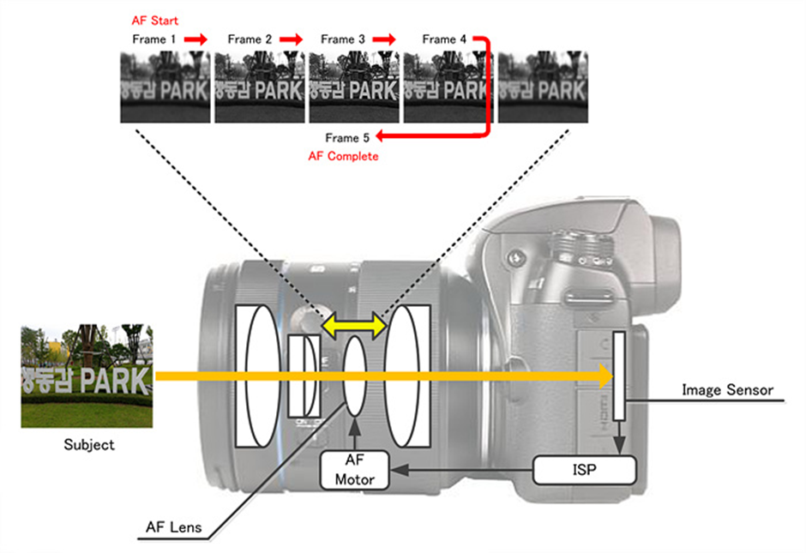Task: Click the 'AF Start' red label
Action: pyautogui.click(x=155, y=20)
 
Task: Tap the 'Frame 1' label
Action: pyautogui.click(x=155, y=39)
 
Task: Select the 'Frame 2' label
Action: pyautogui.click(x=250, y=39)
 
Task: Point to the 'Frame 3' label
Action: pyautogui.click(x=343, y=39)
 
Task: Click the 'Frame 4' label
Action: pyautogui.click(x=445, y=39)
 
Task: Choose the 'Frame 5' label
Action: pyautogui.click(x=347, y=138)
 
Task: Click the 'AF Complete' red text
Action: pyautogui.click(x=343, y=157)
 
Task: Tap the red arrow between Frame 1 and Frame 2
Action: pyautogui.click(x=196, y=39)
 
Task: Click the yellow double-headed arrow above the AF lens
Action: pyautogui.click(x=353, y=327)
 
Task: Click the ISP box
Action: pyautogui.click(x=584, y=470)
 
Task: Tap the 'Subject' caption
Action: pyautogui.click(x=89, y=445)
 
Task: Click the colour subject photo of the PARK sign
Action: pyautogui.click(x=87, y=376)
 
